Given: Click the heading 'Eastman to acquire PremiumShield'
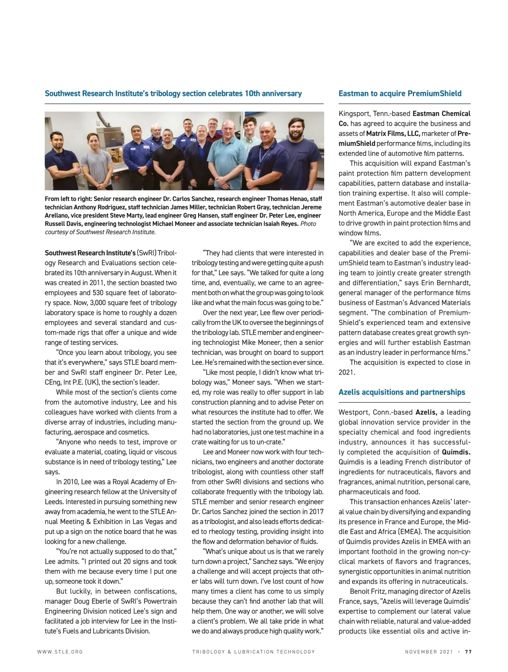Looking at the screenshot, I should click(x=400, y=94).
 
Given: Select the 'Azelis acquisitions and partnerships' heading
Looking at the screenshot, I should click(x=402, y=392).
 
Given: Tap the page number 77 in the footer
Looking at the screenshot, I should click(x=468, y=652).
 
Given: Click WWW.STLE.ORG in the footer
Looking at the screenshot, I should click(x=60, y=652).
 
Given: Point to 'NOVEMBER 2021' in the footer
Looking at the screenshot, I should click(x=428, y=652).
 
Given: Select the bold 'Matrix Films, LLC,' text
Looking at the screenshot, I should click(x=393, y=134).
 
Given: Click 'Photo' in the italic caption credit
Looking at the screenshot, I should click(x=308, y=224).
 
